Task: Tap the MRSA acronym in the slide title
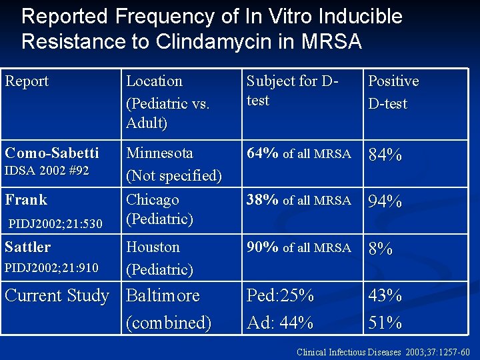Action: (x=331, y=41)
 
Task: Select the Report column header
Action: (x=27, y=81)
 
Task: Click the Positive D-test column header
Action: (x=393, y=92)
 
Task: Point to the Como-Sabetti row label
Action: (x=51, y=153)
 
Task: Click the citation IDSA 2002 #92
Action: (x=47, y=171)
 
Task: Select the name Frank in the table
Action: (x=26, y=199)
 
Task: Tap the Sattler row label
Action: (x=27, y=247)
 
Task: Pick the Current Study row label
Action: (x=57, y=295)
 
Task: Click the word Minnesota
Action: (x=159, y=153)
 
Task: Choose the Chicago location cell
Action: (x=153, y=199)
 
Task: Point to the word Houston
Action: (x=153, y=247)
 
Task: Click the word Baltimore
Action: (x=163, y=295)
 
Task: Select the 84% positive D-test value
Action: (x=385, y=155)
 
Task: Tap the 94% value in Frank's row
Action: (x=385, y=202)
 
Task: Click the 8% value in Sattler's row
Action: (x=381, y=249)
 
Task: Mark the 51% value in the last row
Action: (x=385, y=323)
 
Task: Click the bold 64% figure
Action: (x=263, y=153)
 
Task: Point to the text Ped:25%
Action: (x=280, y=295)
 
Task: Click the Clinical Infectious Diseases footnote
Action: (x=383, y=352)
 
